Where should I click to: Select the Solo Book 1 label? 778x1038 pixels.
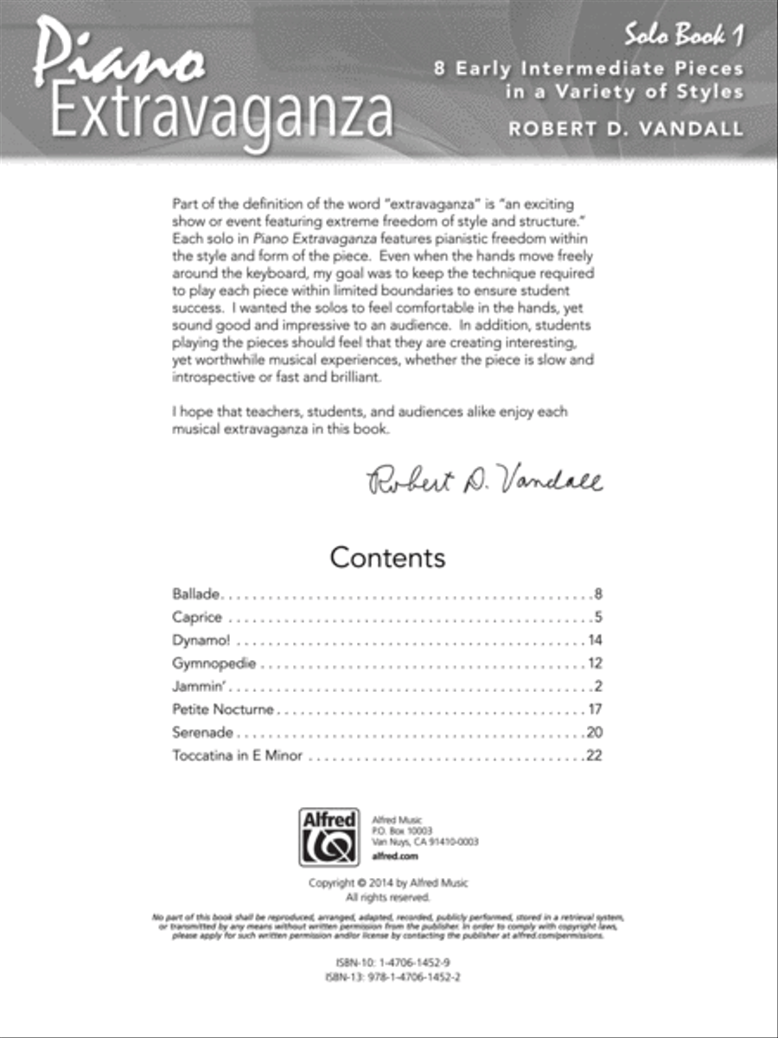[685, 36]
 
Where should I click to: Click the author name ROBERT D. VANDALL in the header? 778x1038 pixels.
[626, 128]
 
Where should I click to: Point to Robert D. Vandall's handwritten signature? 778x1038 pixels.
[485, 477]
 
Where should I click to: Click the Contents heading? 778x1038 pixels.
[387, 557]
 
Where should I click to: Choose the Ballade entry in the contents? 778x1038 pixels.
[198, 594]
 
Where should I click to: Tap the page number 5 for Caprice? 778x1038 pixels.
[597, 618]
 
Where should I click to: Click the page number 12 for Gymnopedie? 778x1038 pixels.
[594, 664]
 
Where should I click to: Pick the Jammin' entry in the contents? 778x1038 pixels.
[200, 687]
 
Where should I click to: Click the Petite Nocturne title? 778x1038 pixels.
[223, 710]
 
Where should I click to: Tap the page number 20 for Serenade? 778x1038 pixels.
[593, 733]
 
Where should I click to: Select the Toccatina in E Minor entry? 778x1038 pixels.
[237, 756]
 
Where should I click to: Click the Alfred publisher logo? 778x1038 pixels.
[328, 836]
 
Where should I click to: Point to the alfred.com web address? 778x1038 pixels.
[394, 856]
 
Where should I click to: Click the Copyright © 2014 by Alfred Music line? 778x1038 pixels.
[388, 883]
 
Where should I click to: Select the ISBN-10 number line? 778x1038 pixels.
[388, 962]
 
